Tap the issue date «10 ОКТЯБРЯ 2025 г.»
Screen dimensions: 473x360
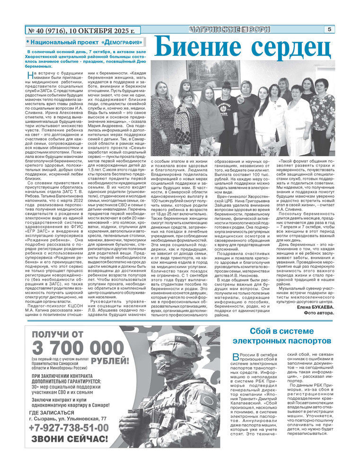coord(102,31)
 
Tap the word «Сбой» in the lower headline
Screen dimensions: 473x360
coord(260,331)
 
